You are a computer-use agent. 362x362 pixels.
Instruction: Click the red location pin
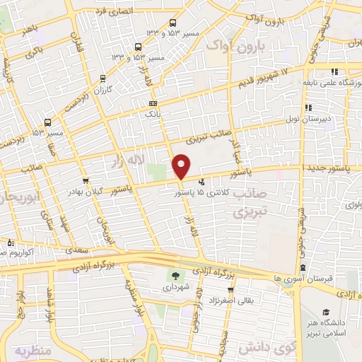coord(182,166)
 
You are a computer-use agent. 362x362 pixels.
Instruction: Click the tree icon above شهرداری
coord(174,275)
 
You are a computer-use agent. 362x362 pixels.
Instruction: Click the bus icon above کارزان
coord(104,78)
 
